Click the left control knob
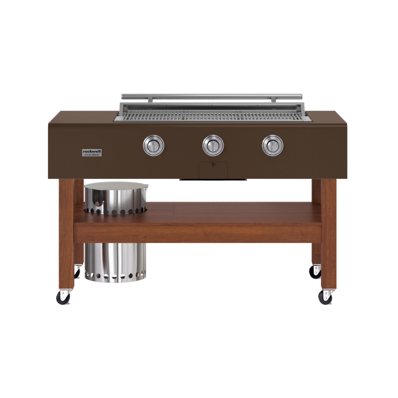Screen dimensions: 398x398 pyautogui.click(x=153, y=146)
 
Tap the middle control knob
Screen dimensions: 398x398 pyautogui.click(x=213, y=146)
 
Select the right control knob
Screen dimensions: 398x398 pyautogui.click(x=272, y=146)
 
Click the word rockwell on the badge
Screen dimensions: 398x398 pyautogui.click(x=92, y=151)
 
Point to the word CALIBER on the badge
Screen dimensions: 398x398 pyautogui.click(x=93, y=155)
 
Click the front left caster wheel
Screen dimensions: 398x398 pyautogui.click(x=63, y=297)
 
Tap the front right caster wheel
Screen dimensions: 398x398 pyautogui.click(x=325, y=297)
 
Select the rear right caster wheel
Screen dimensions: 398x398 pyautogui.click(x=316, y=272)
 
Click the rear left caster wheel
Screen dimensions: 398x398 pyautogui.click(x=77, y=272)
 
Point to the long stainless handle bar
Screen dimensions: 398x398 pyautogui.click(x=212, y=96)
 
